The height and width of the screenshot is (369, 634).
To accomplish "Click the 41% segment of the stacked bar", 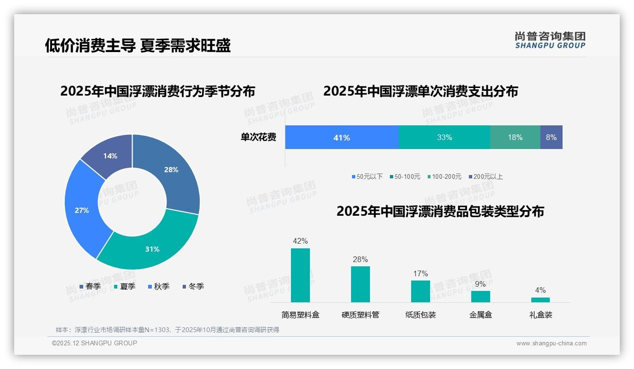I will pos(342,137).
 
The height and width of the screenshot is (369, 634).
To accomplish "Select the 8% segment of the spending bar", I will pos(551,137).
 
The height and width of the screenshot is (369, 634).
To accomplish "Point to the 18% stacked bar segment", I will pos(515,137).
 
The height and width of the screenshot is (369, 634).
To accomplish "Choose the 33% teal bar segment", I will pos(444,137).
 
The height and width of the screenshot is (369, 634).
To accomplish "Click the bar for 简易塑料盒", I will pos(300,275).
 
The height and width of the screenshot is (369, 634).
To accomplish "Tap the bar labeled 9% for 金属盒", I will pos(480,297).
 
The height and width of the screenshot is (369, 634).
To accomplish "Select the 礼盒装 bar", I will pos(540,300).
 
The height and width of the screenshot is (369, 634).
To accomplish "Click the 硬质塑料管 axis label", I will pos(360,315).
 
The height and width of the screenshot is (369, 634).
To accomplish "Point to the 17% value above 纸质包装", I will pos(420,273).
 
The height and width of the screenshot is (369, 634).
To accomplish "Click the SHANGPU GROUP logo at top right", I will pos(550,40).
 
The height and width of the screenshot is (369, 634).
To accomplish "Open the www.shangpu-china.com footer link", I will pos(551,343).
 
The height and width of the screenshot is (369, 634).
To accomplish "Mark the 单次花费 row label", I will pos(258,137).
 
